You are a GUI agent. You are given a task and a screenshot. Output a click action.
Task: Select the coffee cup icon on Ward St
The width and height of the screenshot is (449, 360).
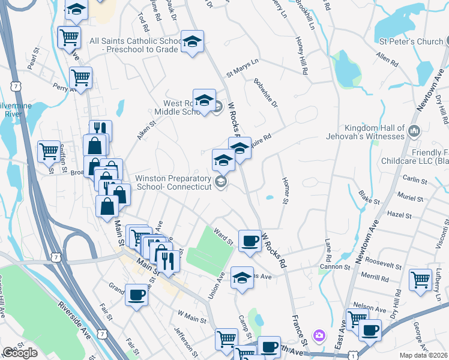coord(249,241)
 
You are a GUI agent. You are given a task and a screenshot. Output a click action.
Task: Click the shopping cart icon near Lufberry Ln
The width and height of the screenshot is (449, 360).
coord(421,280)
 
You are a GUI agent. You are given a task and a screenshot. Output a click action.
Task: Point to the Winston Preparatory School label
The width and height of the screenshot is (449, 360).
coord(174,183)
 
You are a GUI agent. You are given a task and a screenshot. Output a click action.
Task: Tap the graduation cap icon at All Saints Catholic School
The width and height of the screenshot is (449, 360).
coord(192,41)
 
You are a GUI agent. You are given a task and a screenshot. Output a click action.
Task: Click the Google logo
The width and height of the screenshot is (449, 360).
coord(20,353)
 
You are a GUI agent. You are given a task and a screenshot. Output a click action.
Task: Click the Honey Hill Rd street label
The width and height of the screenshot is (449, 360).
coord(301,56)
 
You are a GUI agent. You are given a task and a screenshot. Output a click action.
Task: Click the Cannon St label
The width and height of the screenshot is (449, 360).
coord(334,266)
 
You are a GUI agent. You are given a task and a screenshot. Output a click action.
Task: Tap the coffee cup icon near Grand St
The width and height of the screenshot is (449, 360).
coord(137,295)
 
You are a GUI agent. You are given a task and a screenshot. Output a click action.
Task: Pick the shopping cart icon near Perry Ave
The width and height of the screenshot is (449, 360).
coord(80,77)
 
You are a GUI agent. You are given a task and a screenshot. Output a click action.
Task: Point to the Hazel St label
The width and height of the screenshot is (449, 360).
coord(399,215)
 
